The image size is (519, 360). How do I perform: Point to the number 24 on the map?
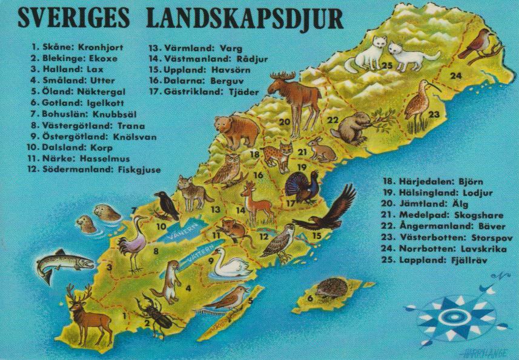click(455, 76)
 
